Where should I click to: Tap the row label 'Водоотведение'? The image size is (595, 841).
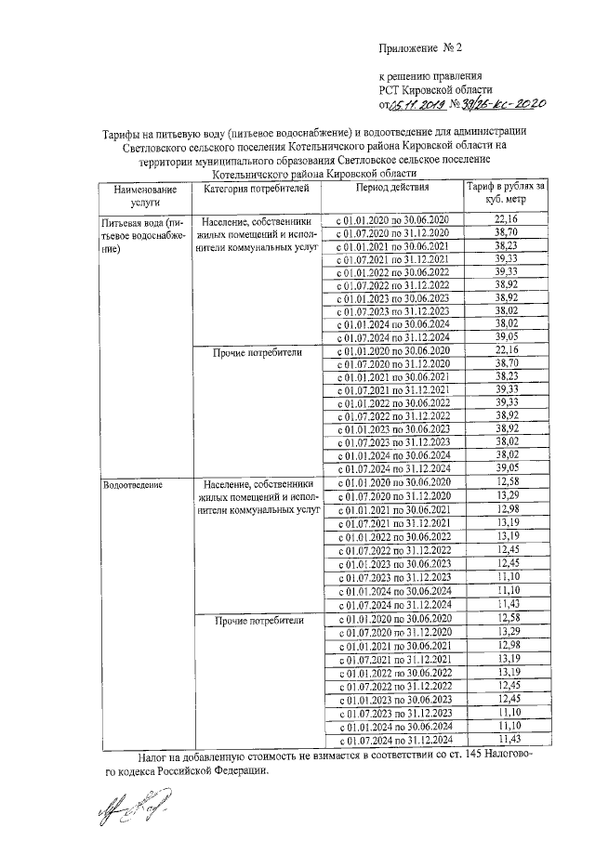point(134,484)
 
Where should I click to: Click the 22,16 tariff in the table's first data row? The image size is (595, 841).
point(506,218)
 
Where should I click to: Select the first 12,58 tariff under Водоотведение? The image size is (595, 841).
point(506,483)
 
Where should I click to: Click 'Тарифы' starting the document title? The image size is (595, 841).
point(124,133)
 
